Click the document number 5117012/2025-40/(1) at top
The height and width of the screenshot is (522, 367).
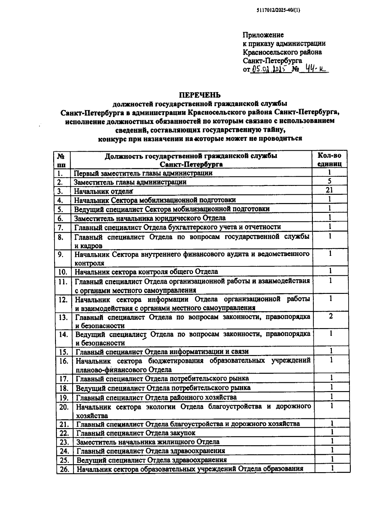tap(278, 10)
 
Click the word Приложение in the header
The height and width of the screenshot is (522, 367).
tap(263, 35)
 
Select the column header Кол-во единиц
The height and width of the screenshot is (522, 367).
tap(329, 159)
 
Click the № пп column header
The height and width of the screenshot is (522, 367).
tap(61, 160)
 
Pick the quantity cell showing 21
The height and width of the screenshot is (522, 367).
tap(329, 190)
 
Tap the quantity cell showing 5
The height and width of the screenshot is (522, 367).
tap(329, 181)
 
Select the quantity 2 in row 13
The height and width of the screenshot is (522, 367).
tap(331, 316)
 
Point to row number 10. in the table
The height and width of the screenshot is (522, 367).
tap(63, 272)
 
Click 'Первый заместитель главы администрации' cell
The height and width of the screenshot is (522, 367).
tap(143, 173)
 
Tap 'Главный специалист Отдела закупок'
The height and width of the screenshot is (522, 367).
tap(135, 433)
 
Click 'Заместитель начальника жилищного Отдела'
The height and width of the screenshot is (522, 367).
tap(148, 442)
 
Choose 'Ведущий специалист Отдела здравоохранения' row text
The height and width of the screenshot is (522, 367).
tap(151, 460)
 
